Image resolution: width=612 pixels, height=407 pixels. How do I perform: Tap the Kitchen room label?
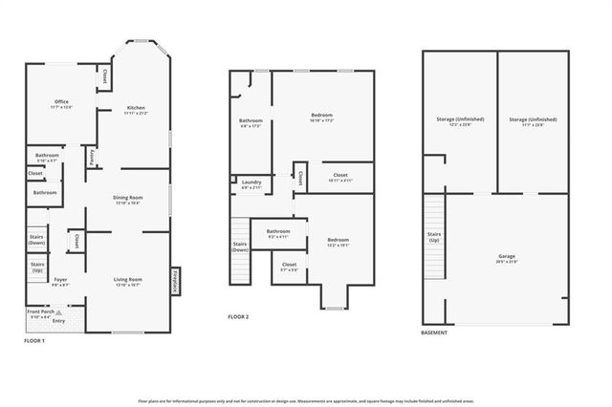135,110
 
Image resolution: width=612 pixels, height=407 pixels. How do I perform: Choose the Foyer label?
61,283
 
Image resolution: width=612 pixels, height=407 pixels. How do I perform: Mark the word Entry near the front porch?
59,321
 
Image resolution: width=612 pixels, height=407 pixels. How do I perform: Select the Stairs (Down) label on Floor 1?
37,241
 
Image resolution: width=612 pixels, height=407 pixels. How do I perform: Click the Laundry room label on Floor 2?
251,183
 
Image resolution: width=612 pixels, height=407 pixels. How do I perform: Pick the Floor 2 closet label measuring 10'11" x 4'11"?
340,177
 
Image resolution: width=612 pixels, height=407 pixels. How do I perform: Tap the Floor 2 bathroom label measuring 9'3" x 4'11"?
278,233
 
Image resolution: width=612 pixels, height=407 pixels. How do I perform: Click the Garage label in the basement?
506,259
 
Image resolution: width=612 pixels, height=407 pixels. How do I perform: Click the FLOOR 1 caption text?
34,340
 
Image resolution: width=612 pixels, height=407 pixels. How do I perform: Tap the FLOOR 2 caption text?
239,317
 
